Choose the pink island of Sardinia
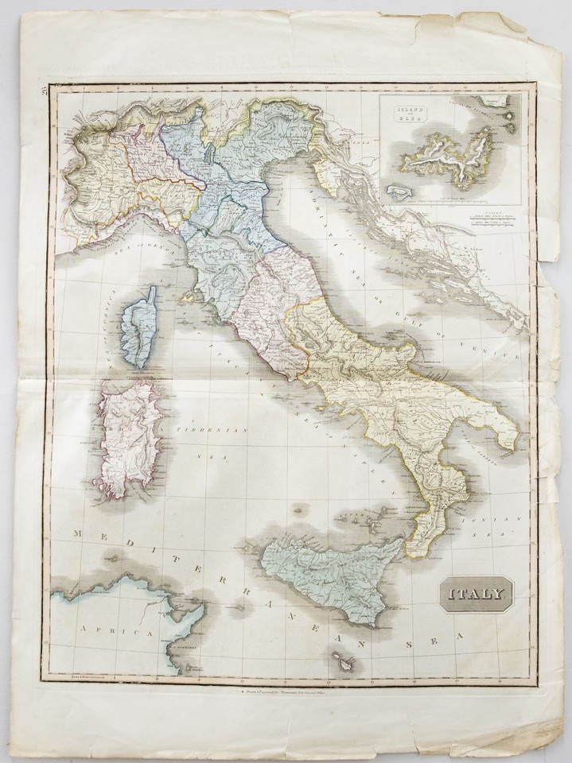[127, 437]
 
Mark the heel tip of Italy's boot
[518, 442]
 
